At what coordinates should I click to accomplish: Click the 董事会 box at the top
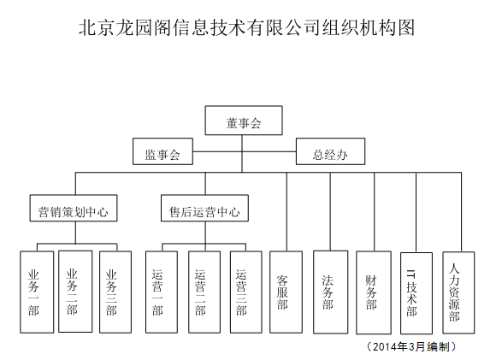point(244,121)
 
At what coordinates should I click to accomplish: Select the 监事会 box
point(163,151)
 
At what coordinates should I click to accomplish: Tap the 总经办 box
point(330,151)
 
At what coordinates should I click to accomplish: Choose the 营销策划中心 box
point(74,208)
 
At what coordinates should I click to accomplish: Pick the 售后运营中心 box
point(204,208)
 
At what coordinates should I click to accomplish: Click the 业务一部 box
point(37,292)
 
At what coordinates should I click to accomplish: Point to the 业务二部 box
point(75,292)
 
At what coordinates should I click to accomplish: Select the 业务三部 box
point(115,292)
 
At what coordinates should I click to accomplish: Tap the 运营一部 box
point(162,292)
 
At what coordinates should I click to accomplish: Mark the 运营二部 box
point(204,292)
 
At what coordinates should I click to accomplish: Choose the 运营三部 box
point(246,292)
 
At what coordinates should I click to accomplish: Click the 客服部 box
point(286,292)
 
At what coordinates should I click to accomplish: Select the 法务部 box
point(330,292)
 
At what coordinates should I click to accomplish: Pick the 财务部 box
point(374,292)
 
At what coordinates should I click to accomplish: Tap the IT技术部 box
point(416,293)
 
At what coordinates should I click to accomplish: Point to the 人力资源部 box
point(458,292)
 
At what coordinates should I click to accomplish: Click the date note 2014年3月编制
point(411,346)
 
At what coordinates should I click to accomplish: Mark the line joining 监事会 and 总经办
point(245,151)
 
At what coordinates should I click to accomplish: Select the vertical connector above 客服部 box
point(286,212)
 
